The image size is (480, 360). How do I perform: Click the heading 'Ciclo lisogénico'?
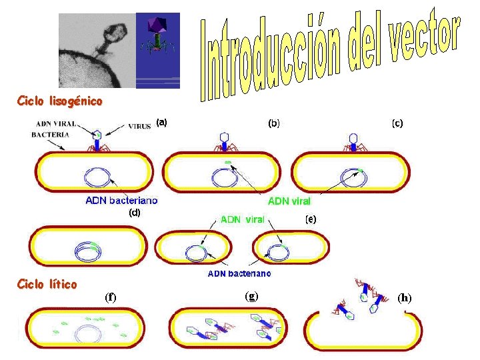59,101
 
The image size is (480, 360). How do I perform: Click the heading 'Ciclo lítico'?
47,284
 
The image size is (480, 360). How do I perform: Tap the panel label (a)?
162,122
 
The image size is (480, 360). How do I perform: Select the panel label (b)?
273,123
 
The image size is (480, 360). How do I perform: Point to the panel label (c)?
397,123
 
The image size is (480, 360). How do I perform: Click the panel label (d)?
134,213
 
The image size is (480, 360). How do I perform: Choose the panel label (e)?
311,219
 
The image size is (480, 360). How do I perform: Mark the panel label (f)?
110,297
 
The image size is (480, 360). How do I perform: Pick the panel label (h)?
405,297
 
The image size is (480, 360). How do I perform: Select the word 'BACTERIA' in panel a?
50,134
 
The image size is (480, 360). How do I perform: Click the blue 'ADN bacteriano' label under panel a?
122,200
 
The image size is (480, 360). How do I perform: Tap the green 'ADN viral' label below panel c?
289,200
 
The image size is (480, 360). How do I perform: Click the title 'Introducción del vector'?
330,57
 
